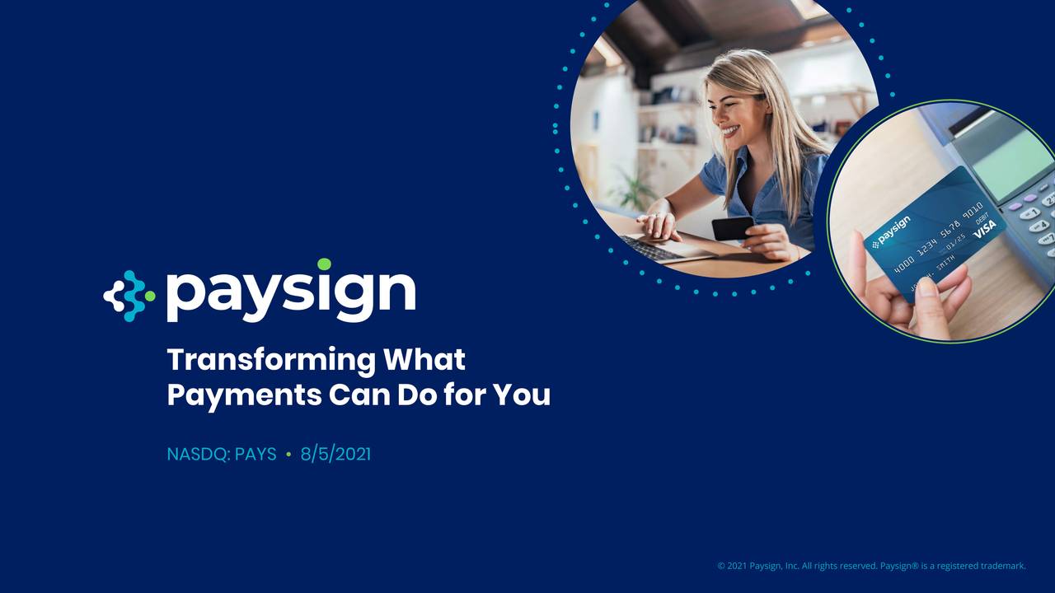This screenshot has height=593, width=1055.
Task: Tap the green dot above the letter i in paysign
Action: coord(324,264)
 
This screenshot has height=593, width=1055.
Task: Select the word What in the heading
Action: coord(424,360)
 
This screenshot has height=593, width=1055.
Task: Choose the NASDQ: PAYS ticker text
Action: coord(221,454)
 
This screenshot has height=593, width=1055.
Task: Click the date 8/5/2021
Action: coord(335,454)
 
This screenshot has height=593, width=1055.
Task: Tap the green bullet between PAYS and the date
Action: coord(288,454)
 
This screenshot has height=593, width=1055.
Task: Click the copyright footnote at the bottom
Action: coord(871,566)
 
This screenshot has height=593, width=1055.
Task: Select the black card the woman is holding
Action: coord(732,227)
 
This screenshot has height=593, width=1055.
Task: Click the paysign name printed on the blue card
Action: coord(893,231)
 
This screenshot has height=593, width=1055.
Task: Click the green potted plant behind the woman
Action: coord(634,189)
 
